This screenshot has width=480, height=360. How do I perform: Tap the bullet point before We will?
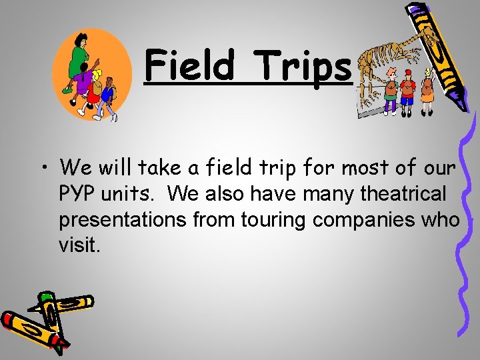pyautogui.click(x=43, y=167)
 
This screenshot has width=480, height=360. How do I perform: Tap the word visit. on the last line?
pyautogui.click(x=80, y=246)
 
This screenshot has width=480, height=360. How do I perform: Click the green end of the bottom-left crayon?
pyautogui.click(x=46, y=296)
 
